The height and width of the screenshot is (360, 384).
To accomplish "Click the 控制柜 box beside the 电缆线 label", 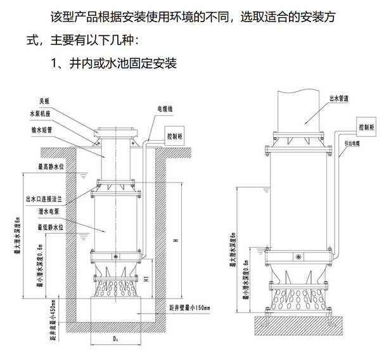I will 173,136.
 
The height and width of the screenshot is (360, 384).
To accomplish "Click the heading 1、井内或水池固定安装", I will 113,64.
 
